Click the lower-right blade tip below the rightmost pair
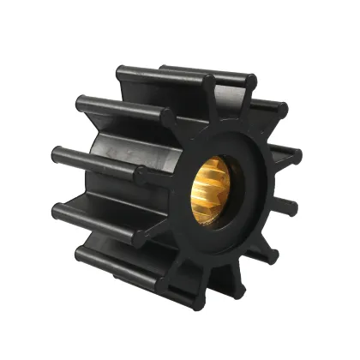273,249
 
